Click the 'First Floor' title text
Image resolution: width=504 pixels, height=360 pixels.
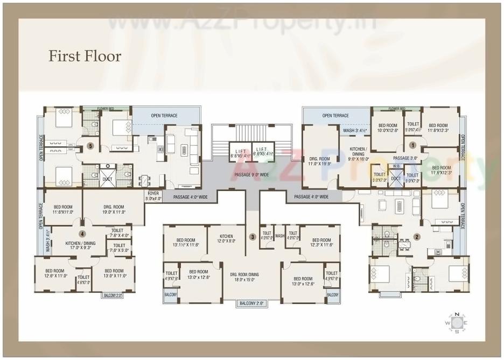[x=85, y=56]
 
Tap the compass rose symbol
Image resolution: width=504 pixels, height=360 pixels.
[x=457, y=322]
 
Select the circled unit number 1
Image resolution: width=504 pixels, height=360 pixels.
[x=412, y=145]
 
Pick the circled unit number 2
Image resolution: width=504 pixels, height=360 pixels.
[x=417, y=236]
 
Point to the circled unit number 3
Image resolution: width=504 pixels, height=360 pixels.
[x=252, y=237]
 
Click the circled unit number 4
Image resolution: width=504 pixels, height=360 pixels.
[x=82, y=234]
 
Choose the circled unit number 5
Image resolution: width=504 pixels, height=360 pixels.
[x=90, y=145]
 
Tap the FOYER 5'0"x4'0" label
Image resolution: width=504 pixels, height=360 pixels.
[x=153, y=196]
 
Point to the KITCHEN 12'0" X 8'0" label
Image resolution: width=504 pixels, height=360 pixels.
[x=226, y=239]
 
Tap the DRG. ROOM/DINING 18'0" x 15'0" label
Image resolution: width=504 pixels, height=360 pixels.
[x=252, y=277]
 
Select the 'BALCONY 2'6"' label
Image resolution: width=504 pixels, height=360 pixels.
[x=252, y=303]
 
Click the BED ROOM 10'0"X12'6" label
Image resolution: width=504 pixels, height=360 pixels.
[x=387, y=128]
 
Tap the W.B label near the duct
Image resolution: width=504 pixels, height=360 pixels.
[x=396, y=166]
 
